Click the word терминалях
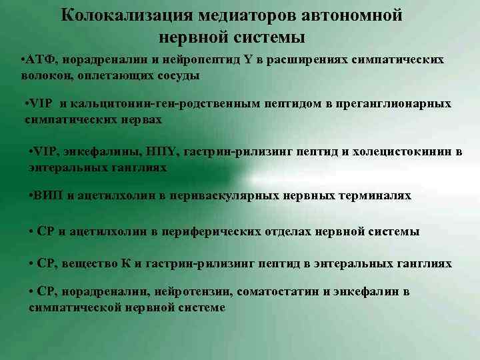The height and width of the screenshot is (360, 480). [x=373, y=196]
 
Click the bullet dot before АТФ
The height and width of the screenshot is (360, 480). [x=23, y=61]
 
